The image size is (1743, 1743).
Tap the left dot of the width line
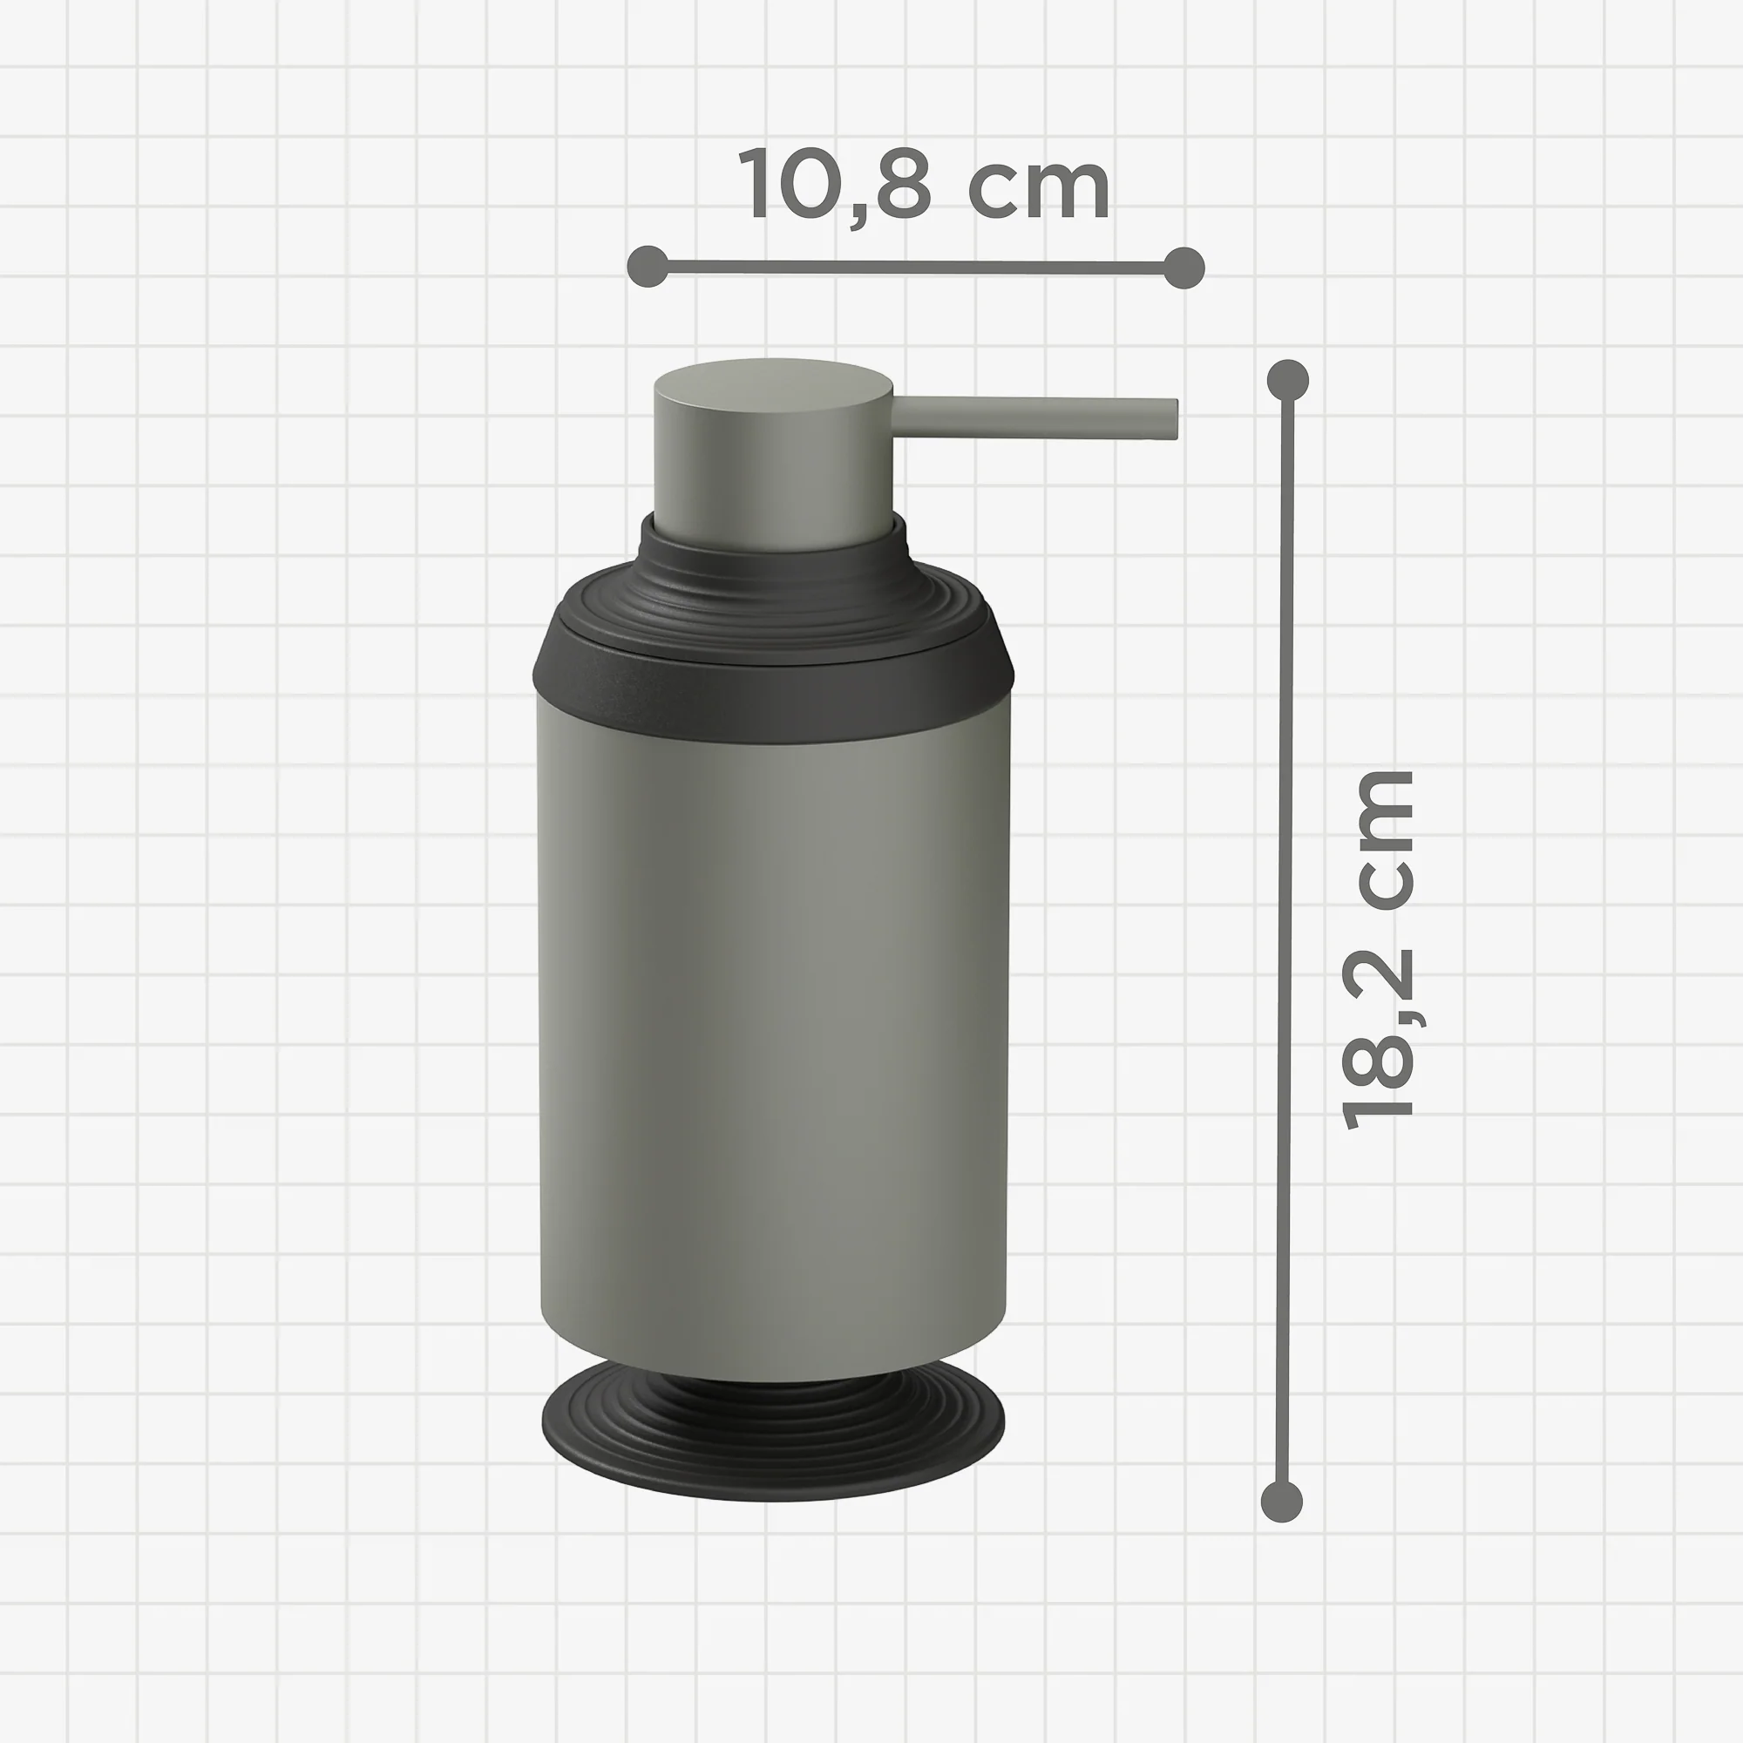[x=648, y=266]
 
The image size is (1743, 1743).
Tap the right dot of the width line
[x=1184, y=267]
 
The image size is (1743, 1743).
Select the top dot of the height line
[x=1287, y=380]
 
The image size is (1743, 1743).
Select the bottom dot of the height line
[x=1281, y=1502]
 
